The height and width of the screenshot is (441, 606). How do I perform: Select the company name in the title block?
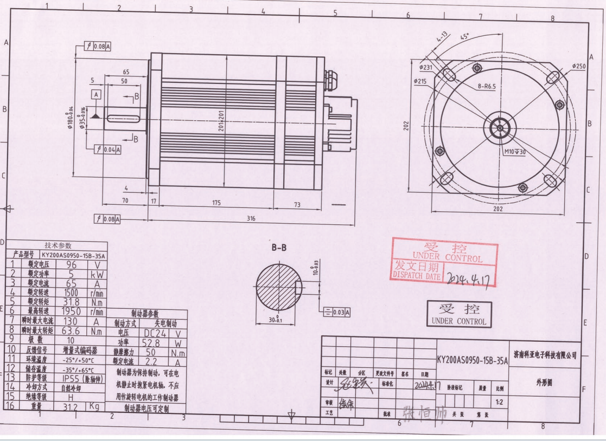pyautogui.click(x=545, y=355)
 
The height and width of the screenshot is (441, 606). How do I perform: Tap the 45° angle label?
pyautogui.click(x=464, y=37)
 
